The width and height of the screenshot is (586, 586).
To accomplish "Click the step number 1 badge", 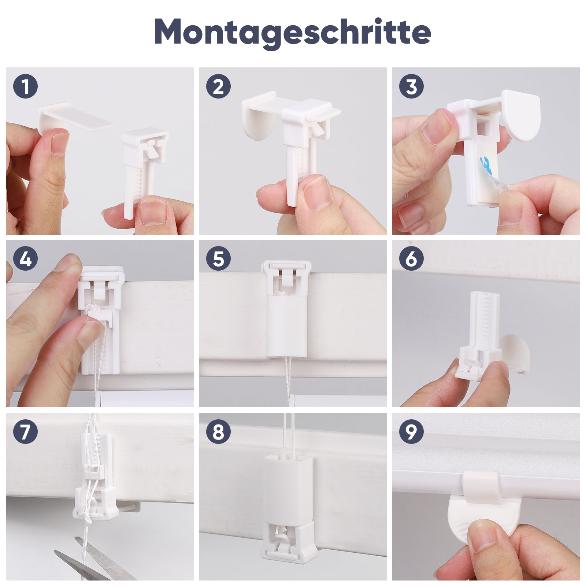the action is (x=26, y=87).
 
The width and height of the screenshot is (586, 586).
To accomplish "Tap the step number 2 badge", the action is (x=218, y=87).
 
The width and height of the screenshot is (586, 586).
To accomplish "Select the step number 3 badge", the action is (x=411, y=87).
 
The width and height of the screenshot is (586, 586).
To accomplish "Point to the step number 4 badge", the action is (x=26, y=259).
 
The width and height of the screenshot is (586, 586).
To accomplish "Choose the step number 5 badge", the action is (x=218, y=259).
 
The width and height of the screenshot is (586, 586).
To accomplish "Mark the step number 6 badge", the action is (x=411, y=259).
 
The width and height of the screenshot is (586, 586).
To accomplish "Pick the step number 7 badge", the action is (x=26, y=431).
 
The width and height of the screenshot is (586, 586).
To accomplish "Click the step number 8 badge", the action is (x=218, y=431).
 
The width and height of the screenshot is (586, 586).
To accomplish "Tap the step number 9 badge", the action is (x=411, y=431).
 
